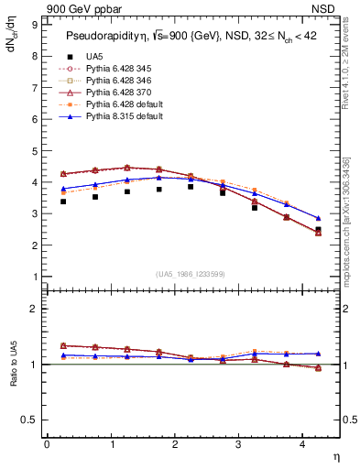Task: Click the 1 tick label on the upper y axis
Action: (36, 277)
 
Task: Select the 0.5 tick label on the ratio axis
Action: (32, 420)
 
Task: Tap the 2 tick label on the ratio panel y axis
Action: (36, 309)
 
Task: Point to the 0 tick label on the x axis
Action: (47, 444)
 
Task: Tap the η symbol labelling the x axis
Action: (335, 455)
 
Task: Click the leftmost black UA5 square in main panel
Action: (63, 201)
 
